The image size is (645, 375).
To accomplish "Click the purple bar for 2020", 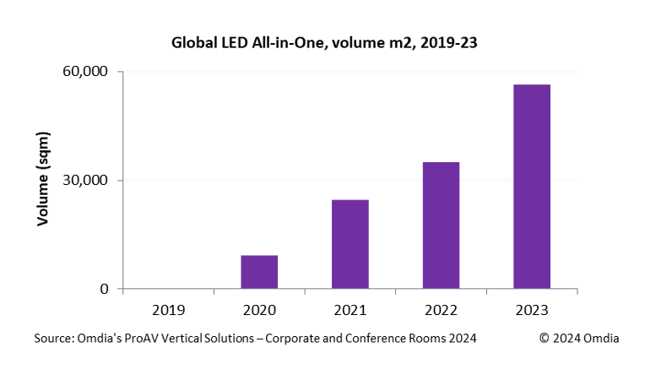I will click(259, 272).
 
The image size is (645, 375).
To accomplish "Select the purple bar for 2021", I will click(350, 244).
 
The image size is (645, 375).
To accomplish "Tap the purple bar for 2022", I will click(441, 226).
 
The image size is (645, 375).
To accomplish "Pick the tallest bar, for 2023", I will click(532, 187).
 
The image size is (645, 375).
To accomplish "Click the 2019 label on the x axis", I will click(169, 309).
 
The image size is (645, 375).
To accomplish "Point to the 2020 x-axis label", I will click(259, 309).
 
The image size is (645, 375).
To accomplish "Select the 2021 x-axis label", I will click(350, 309).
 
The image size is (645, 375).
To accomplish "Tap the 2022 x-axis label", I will click(441, 309).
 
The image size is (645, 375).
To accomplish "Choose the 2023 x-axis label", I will click(532, 309).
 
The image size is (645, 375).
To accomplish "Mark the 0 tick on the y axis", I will click(106, 289).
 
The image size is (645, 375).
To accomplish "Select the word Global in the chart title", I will click(193, 41).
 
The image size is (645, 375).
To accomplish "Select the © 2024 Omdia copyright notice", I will click(580, 338).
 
